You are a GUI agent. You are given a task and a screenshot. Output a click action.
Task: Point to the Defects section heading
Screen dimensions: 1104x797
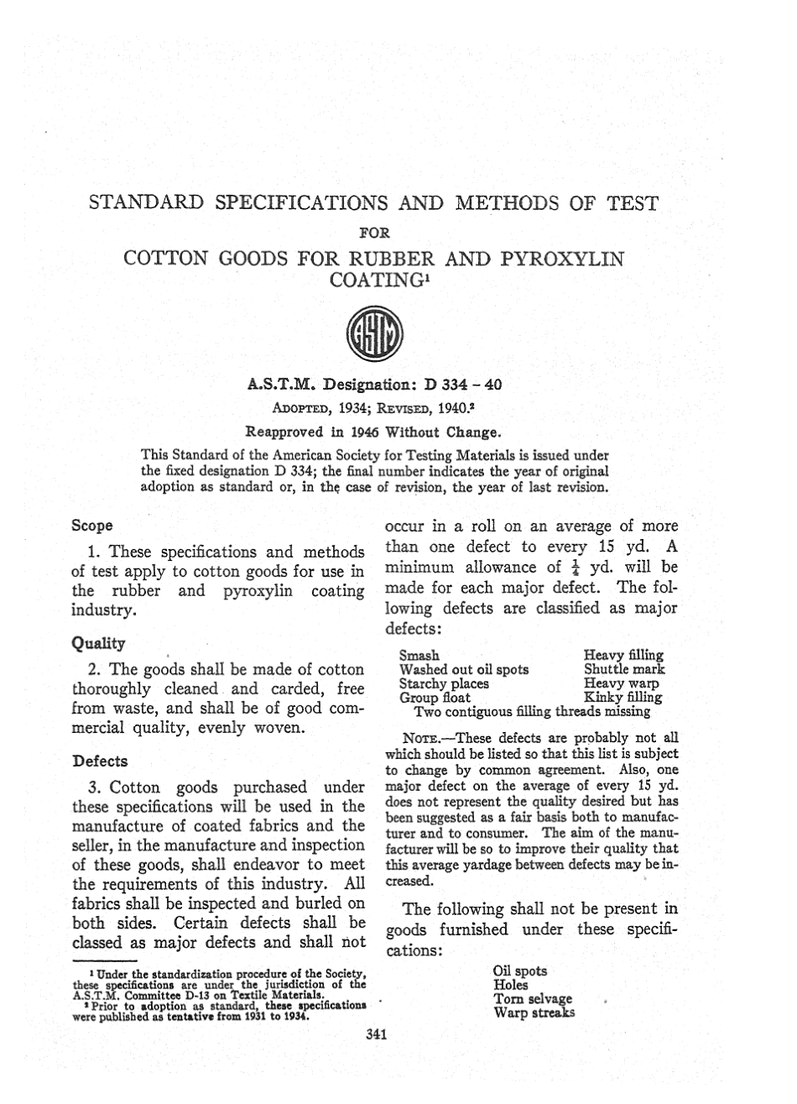(100, 761)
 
